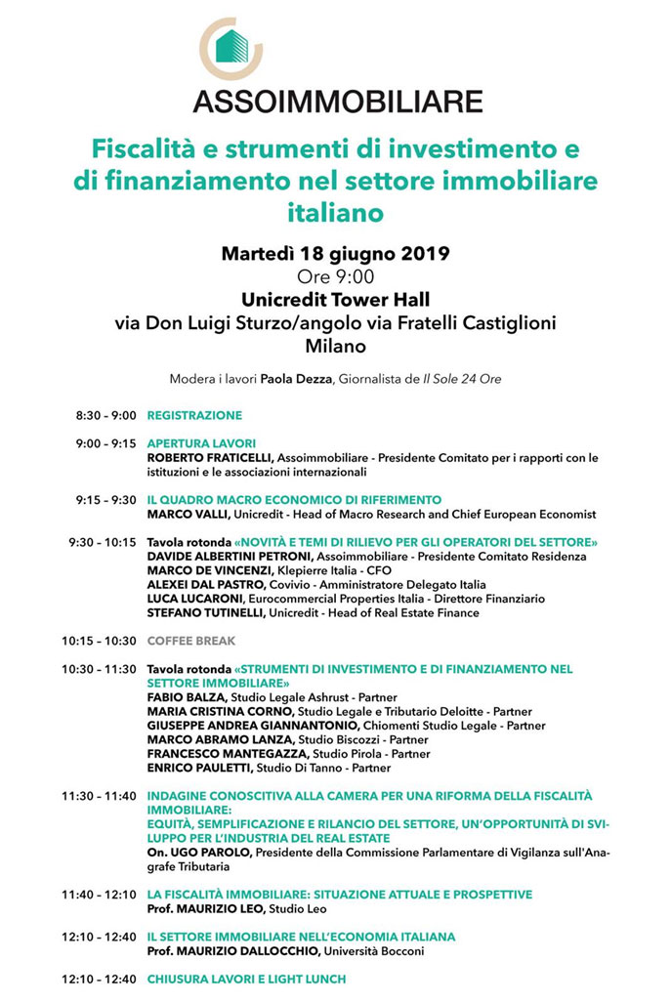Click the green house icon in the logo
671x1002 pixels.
coord(231,47)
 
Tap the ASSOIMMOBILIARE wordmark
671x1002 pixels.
coord(337,101)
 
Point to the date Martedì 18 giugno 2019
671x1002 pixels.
coord(335,254)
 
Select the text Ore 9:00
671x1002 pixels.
coord(335,276)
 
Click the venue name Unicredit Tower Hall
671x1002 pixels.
coord(335,300)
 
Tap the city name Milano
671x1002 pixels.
coord(335,346)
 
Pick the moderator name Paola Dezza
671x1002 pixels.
coord(297,379)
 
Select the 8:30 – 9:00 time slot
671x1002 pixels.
coord(105,416)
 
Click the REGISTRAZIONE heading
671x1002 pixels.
coord(194,416)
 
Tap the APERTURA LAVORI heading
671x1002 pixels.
coord(201,443)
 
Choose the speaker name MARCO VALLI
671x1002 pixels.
coord(186,514)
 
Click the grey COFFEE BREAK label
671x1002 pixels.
coord(191,641)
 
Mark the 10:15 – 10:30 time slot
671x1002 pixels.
coord(99,641)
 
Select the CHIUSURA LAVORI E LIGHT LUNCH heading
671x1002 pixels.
coord(246,979)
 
